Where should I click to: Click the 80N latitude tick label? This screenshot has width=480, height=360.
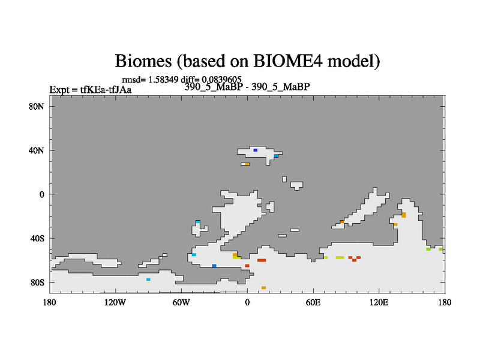pos(37,107)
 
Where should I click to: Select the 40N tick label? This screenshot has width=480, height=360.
pos(37,151)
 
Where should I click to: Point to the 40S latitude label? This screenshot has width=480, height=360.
pos(37,238)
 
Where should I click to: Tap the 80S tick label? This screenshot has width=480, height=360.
pos(37,282)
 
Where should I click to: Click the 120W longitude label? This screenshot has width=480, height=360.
pos(115,302)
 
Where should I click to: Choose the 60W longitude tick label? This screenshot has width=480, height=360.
pos(181,302)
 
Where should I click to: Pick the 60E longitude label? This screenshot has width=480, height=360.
pos(313,302)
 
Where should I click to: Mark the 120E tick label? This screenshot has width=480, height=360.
pos(379,302)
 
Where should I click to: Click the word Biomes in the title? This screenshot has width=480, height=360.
pos(143,61)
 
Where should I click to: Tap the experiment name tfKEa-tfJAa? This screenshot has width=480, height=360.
pos(106,89)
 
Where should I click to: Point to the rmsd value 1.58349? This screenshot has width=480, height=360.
pos(163,80)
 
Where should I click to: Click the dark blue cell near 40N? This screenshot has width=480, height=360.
pos(256,151)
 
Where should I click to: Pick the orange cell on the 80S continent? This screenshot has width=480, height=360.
pos(263,288)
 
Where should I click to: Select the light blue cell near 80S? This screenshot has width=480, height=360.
pos(148,280)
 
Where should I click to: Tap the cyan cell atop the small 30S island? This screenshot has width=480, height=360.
pos(198,222)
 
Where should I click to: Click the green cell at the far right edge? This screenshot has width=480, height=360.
pos(441,249)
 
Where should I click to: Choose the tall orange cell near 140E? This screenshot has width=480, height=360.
pos(404,215)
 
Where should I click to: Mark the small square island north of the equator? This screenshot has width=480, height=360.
pos(284,179)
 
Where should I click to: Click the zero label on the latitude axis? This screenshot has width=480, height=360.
pos(41,194)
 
